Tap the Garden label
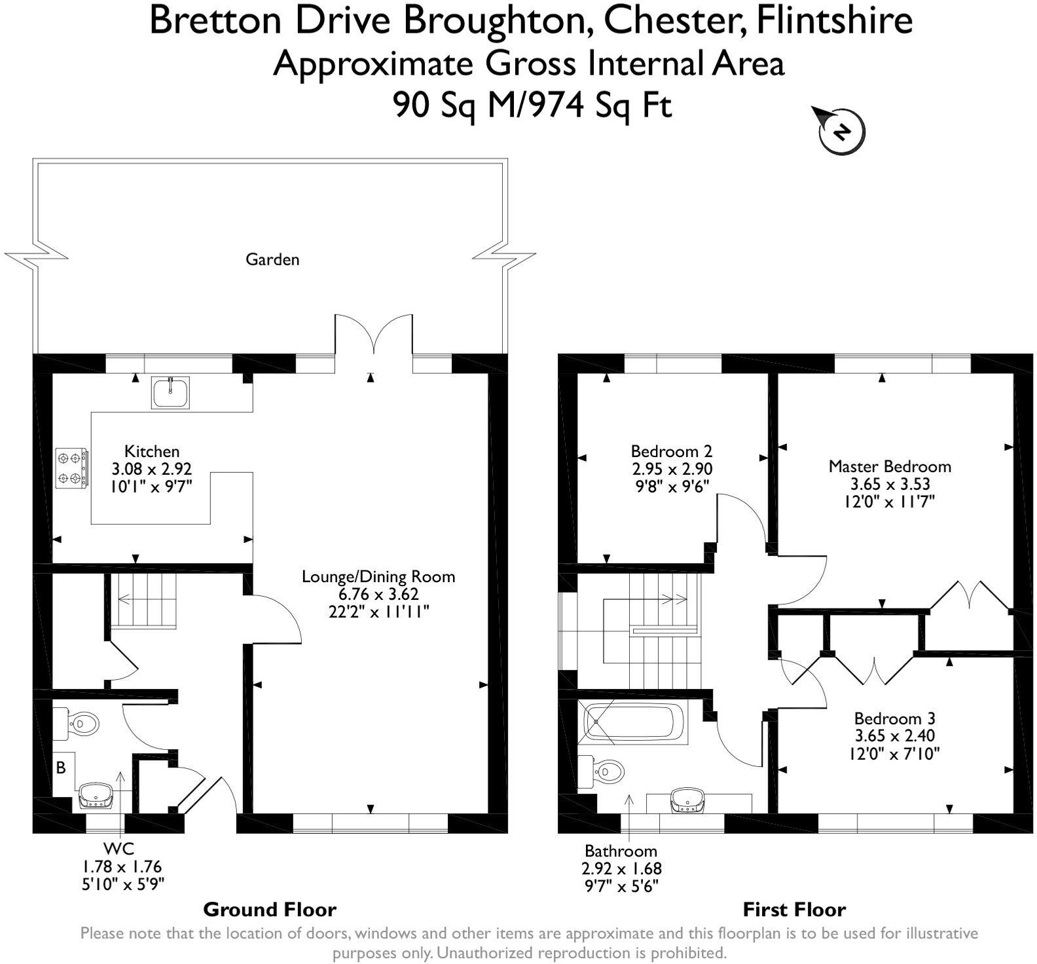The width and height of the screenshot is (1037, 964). (x=272, y=259)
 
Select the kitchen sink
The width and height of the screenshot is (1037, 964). (x=170, y=393)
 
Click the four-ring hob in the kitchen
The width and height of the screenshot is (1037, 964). (x=71, y=468)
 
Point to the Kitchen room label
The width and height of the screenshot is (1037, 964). (x=152, y=451)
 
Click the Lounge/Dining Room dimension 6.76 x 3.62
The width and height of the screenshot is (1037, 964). (x=378, y=594)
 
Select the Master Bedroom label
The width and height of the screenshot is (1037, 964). (x=889, y=466)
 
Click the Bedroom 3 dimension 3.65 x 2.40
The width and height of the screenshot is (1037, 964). (x=894, y=735)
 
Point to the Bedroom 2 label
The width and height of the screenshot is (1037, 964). (x=671, y=451)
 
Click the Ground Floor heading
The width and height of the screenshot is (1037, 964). (x=270, y=910)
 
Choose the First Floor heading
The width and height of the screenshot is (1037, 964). (x=794, y=910)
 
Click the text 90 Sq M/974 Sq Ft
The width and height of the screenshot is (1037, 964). (x=532, y=105)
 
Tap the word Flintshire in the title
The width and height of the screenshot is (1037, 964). (x=834, y=21)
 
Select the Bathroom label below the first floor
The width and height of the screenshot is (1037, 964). (x=621, y=851)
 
